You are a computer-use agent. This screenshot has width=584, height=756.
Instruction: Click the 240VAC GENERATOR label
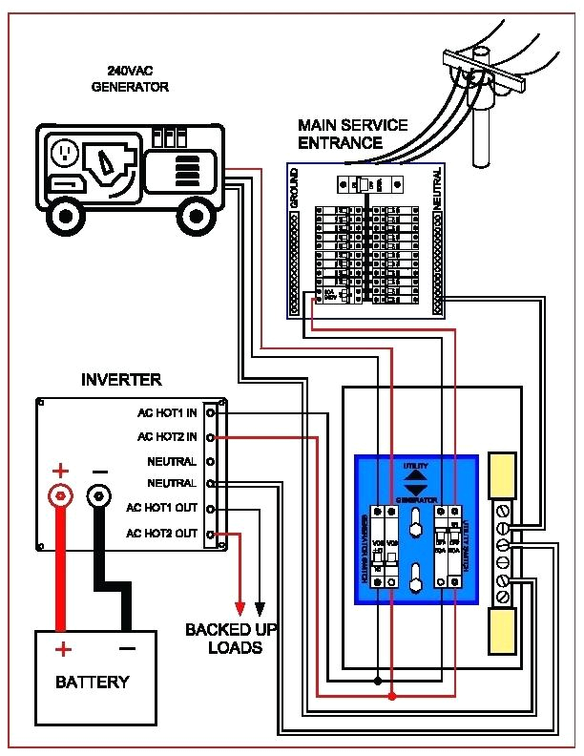pyautogui.click(x=130, y=78)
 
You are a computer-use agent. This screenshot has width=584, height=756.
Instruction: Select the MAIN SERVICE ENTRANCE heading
pyautogui.click(x=352, y=135)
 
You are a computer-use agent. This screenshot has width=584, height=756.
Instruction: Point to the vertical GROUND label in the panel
pyautogui.click(x=295, y=188)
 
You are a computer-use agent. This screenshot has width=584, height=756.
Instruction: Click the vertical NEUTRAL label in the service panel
pyautogui.click(x=437, y=188)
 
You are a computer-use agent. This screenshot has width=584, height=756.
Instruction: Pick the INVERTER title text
pyautogui.click(x=121, y=380)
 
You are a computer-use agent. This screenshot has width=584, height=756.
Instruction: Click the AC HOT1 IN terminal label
pyautogui.click(x=167, y=413)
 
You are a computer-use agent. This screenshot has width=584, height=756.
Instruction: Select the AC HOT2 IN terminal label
pyautogui.click(x=167, y=437)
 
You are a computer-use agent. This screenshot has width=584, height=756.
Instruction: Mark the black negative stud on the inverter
pyautogui.click(x=98, y=495)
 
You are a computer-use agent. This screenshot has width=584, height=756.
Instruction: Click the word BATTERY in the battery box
pyautogui.click(x=92, y=682)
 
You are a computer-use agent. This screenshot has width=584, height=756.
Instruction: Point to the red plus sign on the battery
pyautogui.click(x=62, y=650)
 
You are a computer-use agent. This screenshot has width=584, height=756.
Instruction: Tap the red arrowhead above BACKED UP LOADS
pyautogui.click(x=240, y=608)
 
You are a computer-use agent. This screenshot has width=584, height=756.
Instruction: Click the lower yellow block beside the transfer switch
pyautogui.click(x=503, y=629)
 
